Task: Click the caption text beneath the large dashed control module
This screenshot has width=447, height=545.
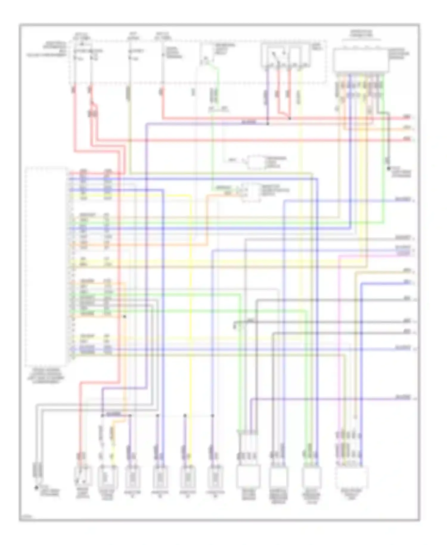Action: pyautogui.click(x=46, y=376)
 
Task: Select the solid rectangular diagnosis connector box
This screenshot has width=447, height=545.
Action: pyautogui.click(x=361, y=61)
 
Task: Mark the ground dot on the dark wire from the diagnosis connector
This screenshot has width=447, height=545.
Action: pyautogui.click(x=389, y=169)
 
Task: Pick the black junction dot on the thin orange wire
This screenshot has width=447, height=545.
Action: pyautogui.click(x=125, y=317)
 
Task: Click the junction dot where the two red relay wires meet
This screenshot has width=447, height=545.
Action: pyautogui.click(x=290, y=118)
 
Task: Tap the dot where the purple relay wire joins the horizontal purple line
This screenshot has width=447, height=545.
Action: pyautogui.click(x=267, y=123)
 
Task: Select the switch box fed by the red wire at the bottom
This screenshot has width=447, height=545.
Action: pyautogui.click(x=83, y=476)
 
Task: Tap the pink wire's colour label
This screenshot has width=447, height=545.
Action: pyautogui.click(x=403, y=254)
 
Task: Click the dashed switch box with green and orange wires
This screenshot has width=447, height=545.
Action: pyautogui.click(x=251, y=192)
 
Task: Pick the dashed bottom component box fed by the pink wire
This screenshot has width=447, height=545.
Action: pyautogui.click(x=351, y=476)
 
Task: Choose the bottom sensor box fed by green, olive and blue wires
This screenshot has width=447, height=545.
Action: pyautogui.click(x=311, y=476)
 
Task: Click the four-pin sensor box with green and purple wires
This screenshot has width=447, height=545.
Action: pyautogui.click(x=248, y=476)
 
